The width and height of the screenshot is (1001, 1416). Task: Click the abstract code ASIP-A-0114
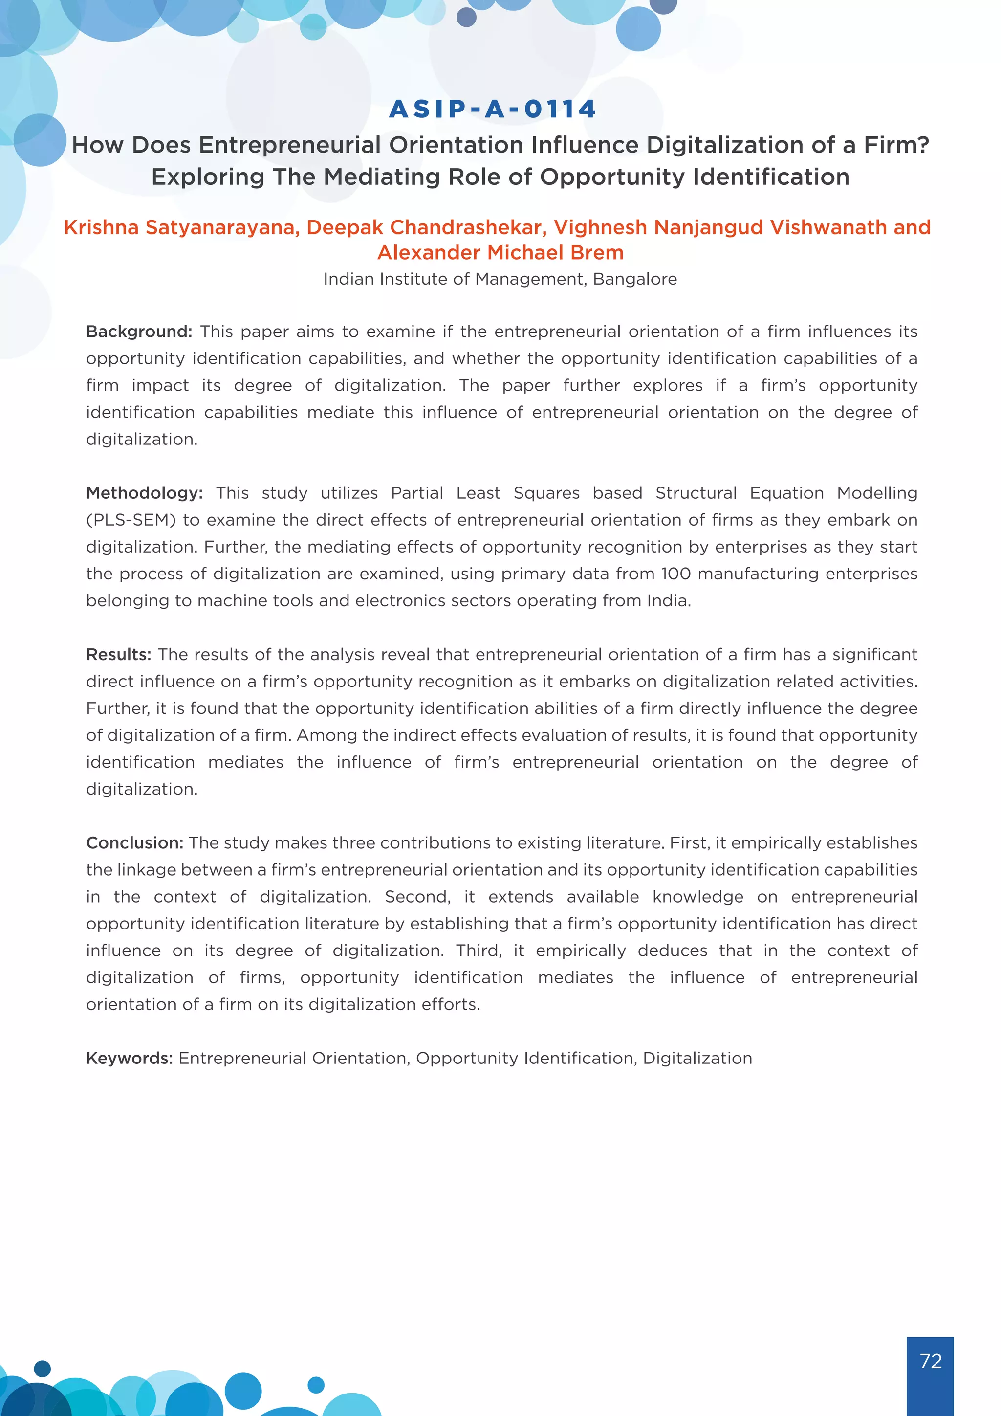click(493, 109)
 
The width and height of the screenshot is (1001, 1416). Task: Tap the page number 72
click(930, 1360)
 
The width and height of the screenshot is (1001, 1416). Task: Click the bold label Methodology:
click(144, 493)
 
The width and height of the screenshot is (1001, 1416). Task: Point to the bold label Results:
click(118, 654)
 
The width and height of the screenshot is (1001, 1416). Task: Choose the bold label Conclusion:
click(134, 843)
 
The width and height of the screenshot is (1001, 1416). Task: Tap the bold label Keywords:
click(130, 1058)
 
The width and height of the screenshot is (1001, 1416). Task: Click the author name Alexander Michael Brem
click(500, 253)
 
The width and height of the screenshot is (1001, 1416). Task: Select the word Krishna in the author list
click(102, 227)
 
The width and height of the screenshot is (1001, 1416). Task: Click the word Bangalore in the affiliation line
click(635, 279)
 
